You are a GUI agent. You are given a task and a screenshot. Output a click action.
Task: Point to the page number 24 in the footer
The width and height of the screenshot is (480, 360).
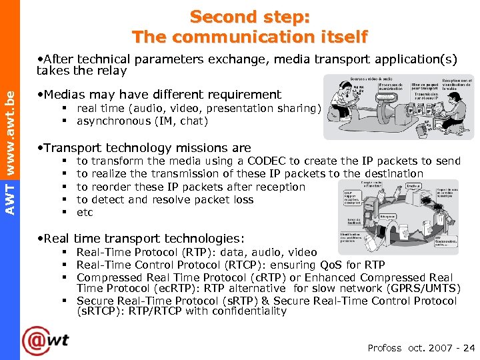pos(469,347)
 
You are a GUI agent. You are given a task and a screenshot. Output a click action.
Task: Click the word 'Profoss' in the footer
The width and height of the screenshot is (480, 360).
pos(385,347)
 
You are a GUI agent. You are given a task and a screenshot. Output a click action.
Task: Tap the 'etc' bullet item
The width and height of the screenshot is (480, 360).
pos(85,212)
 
